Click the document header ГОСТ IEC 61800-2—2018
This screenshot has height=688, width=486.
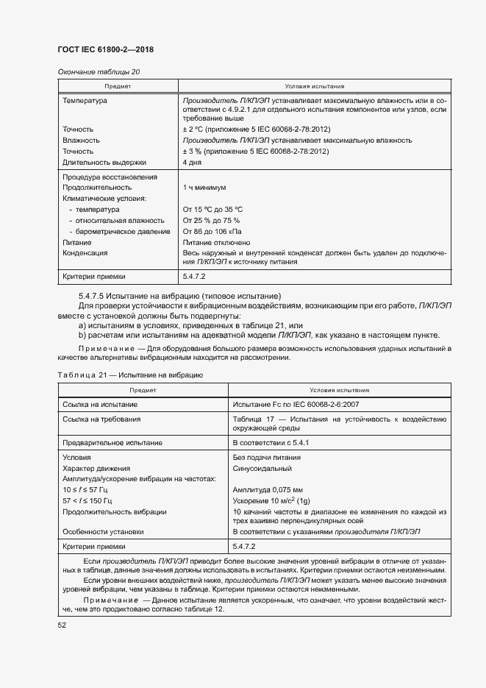pos(105,50)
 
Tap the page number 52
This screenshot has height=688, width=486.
pos(62,625)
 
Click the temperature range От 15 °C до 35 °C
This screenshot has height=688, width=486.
pos(212,209)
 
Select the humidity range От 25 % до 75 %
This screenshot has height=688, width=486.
pos(211,220)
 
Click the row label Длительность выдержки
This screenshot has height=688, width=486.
pos(104,162)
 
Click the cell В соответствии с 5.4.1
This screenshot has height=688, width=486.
pos(271,443)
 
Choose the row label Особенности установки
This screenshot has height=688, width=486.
pos(103,531)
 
